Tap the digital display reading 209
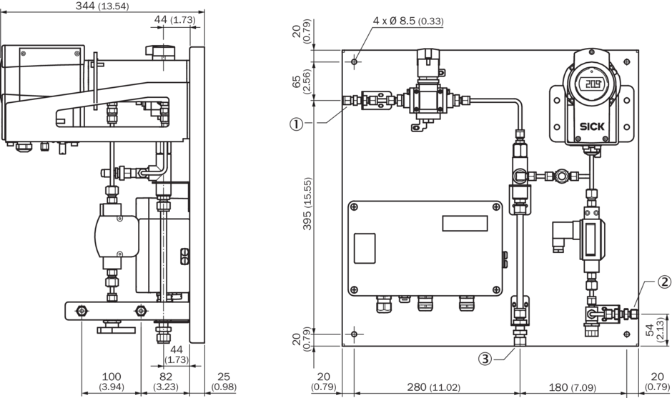pyautogui.click(x=591, y=84)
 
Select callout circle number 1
pyautogui.click(x=295, y=123)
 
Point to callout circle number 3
pyautogui.click(x=485, y=359)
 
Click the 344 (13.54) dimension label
pyautogui.click(x=102, y=6)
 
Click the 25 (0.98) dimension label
pyautogui.click(x=223, y=381)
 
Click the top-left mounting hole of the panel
pyautogui.click(x=354, y=62)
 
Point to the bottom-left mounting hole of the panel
pyautogui.click(x=354, y=334)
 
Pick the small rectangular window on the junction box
pyautogui.click(x=464, y=223)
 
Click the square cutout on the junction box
pyautogui.click(x=365, y=247)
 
